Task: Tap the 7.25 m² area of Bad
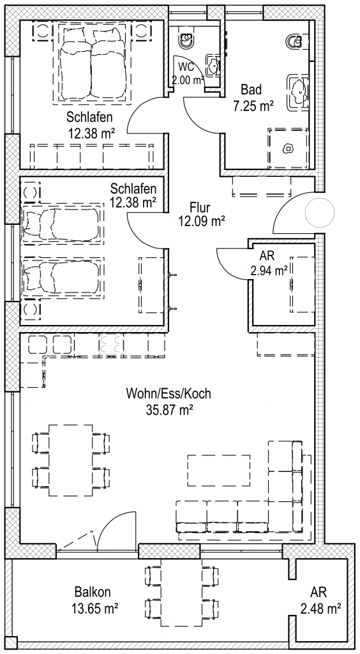pyautogui.click(x=253, y=106)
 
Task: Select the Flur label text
pyautogui.click(x=200, y=208)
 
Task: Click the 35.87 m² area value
pyautogui.click(x=169, y=410)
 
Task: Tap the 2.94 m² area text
pyautogui.click(x=269, y=271)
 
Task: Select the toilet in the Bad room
pyautogui.click(x=296, y=40)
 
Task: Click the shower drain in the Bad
pyautogui.click(x=287, y=148)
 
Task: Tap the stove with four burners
pyautogui.click(x=111, y=344)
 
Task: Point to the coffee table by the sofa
pyautogui.click(x=219, y=470)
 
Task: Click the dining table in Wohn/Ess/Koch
pyautogui.click(x=71, y=460)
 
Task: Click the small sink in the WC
pyautogui.click(x=214, y=66)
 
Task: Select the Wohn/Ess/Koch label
pyautogui.click(x=169, y=393)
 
